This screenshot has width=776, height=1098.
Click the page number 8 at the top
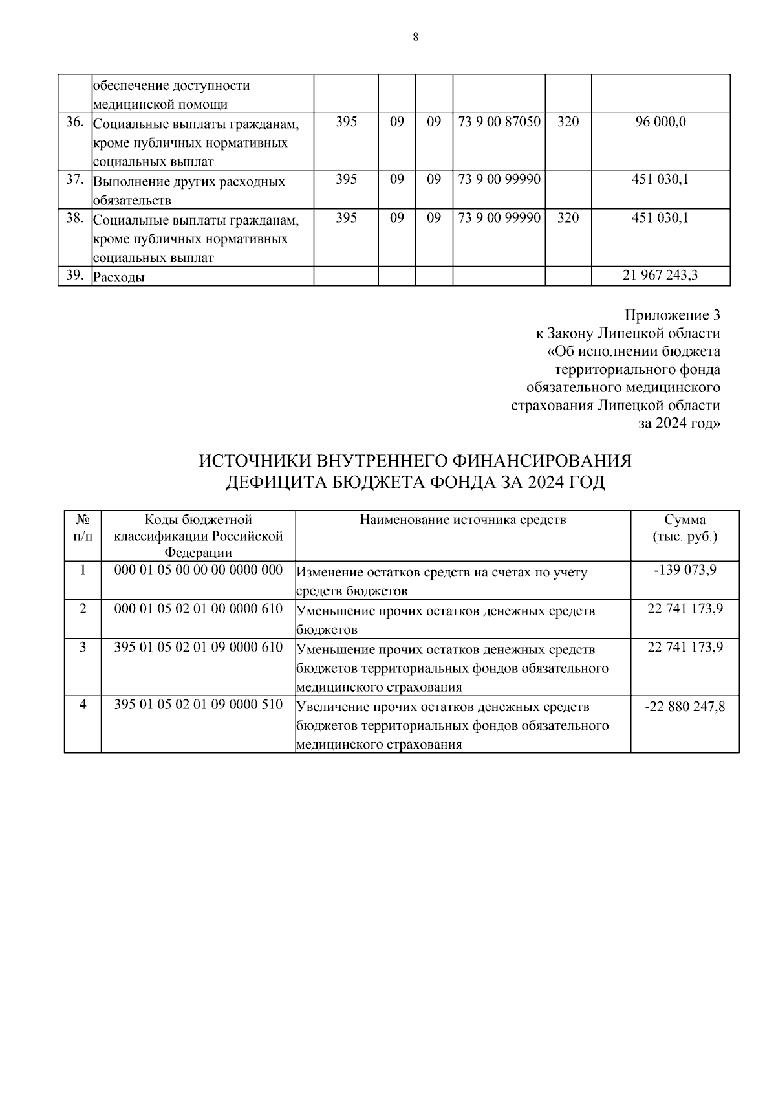pyautogui.click(x=415, y=37)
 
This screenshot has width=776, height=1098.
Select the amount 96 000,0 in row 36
pyautogui.click(x=660, y=122)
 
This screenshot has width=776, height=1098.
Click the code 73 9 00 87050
pyautogui.click(x=499, y=122)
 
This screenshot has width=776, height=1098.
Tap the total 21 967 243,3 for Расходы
pyautogui.click(x=660, y=276)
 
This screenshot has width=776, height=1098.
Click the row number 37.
pyautogui.click(x=75, y=180)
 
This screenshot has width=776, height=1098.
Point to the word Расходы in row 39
pyautogui.click(x=119, y=278)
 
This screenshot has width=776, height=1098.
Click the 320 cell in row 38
pyautogui.click(x=568, y=218)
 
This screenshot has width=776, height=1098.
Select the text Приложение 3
pyautogui.click(x=672, y=315)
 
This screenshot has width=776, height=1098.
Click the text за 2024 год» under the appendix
pyautogui.click(x=679, y=424)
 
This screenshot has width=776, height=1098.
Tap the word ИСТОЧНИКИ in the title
pyautogui.click(x=255, y=461)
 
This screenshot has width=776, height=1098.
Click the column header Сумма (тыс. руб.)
pyautogui.click(x=685, y=528)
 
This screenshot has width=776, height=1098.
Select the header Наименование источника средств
pyautogui.click(x=462, y=520)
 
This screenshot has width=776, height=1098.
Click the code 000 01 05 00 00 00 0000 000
pyautogui.click(x=199, y=570)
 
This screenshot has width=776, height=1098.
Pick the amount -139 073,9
pyautogui.click(x=685, y=570)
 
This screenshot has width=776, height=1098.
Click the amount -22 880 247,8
pyautogui.click(x=685, y=707)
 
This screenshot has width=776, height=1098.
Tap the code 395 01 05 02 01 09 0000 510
pyautogui.click(x=199, y=705)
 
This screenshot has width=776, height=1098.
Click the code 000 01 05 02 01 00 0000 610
pyautogui.click(x=199, y=609)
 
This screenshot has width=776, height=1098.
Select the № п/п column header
pyautogui.click(x=83, y=528)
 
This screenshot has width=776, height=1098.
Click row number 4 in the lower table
pyautogui.click(x=83, y=705)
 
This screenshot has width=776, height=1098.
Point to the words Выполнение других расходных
pyautogui.click(x=189, y=182)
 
